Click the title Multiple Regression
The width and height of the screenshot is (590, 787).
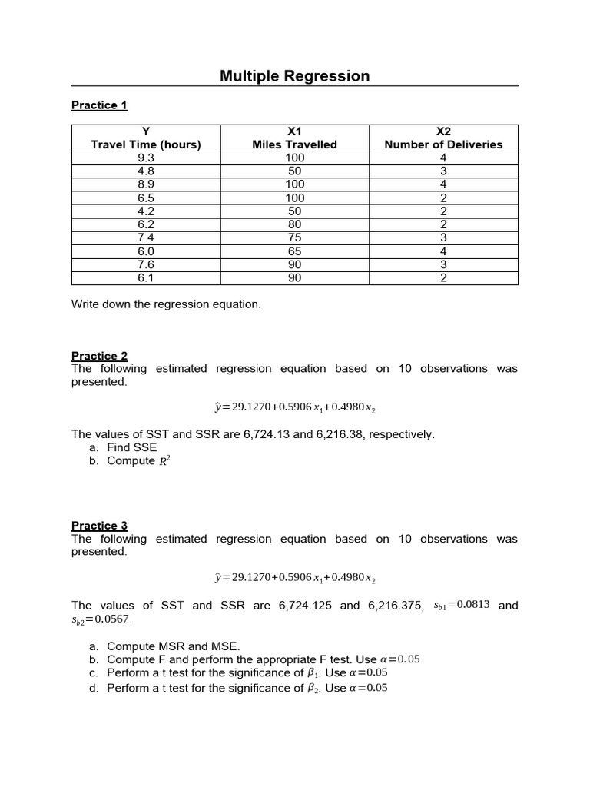click(294, 76)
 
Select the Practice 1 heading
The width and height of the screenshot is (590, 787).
click(99, 105)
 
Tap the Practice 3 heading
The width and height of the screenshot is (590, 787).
click(99, 526)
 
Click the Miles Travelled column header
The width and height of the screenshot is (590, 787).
click(294, 144)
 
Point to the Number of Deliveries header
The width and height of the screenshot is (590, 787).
click(443, 144)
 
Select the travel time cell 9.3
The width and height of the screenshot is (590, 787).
click(146, 158)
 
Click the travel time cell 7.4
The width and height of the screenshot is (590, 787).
click(146, 237)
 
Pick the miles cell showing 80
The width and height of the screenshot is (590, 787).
click(294, 224)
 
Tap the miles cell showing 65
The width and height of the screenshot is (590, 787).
click(294, 251)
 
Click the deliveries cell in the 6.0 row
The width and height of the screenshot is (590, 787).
click(443, 251)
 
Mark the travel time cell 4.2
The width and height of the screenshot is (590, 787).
click(146, 211)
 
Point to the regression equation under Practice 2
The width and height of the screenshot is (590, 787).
click(294, 407)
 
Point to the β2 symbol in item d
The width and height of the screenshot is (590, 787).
click(312, 689)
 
